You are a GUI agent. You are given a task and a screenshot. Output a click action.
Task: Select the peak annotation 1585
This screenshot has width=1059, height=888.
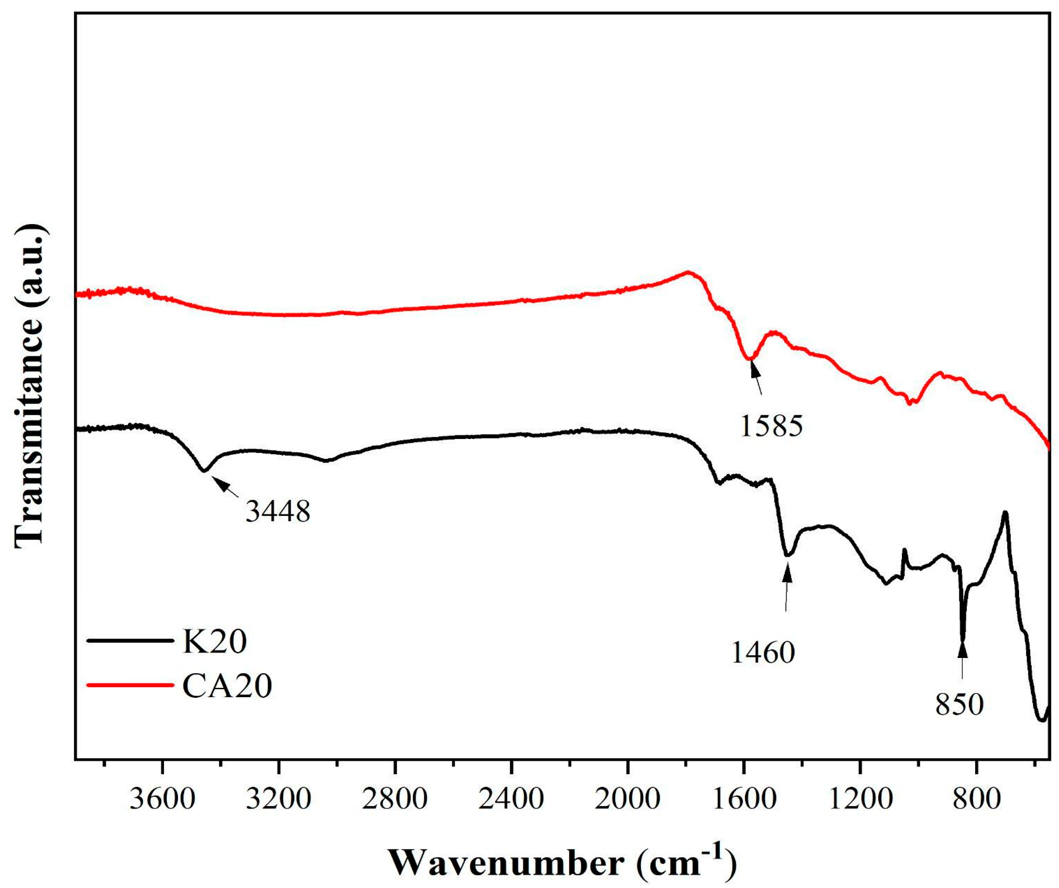(771, 426)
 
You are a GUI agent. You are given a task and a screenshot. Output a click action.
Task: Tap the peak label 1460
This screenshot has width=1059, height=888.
(763, 652)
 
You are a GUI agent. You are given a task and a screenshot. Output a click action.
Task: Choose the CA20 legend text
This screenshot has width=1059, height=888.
(227, 686)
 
